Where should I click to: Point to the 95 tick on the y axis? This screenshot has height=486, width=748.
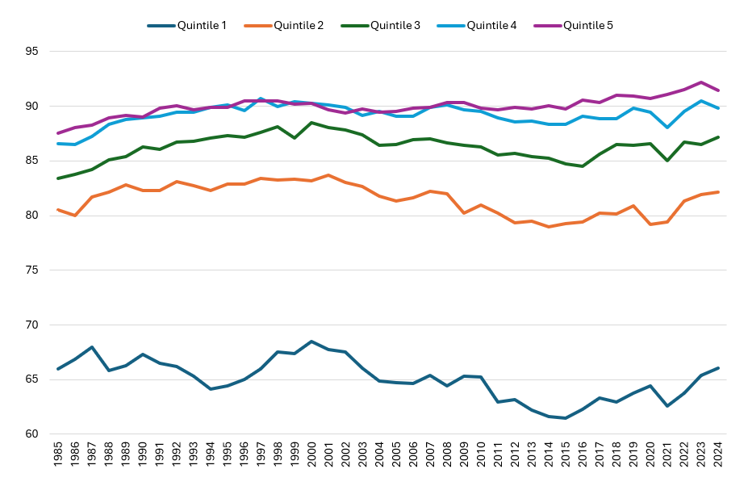[33, 52]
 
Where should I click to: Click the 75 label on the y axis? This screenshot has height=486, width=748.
[33, 270]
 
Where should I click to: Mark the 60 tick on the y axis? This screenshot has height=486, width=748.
[33, 434]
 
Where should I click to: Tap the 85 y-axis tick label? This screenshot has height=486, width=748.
[33, 161]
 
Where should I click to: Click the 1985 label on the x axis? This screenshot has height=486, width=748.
[58, 458]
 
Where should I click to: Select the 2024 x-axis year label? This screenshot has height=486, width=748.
[718, 458]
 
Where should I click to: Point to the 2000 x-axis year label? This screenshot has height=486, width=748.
[311, 458]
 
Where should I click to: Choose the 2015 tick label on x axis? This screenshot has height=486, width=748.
[566, 458]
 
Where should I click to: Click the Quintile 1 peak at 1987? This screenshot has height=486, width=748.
[92, 347]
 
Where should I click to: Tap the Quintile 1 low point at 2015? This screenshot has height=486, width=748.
[566, 418]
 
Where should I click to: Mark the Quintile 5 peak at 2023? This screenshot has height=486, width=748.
[701, 82]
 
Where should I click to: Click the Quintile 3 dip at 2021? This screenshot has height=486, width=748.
[667, 161]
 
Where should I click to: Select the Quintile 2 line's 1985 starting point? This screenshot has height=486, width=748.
[58, 210]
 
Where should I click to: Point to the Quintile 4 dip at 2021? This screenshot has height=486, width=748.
[667, 128]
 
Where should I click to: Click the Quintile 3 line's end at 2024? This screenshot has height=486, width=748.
[718, 137]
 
